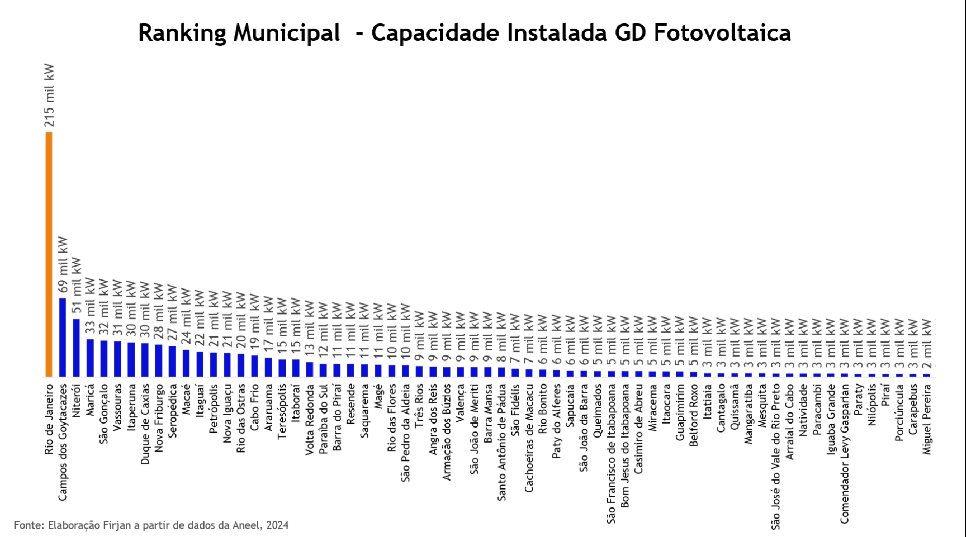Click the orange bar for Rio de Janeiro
click(49, 254)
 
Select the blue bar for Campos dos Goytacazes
click(62, 337)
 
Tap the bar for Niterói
click(76, 348)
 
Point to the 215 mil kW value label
click(49, 96)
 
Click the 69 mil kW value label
click(63, 265)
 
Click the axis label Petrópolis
click(213, 409)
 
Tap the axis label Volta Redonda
click(309, 420)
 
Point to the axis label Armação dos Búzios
click(447, 432)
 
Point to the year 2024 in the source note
click(277, 525)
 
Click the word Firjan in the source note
click(116, 525)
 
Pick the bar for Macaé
click(186, 363)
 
